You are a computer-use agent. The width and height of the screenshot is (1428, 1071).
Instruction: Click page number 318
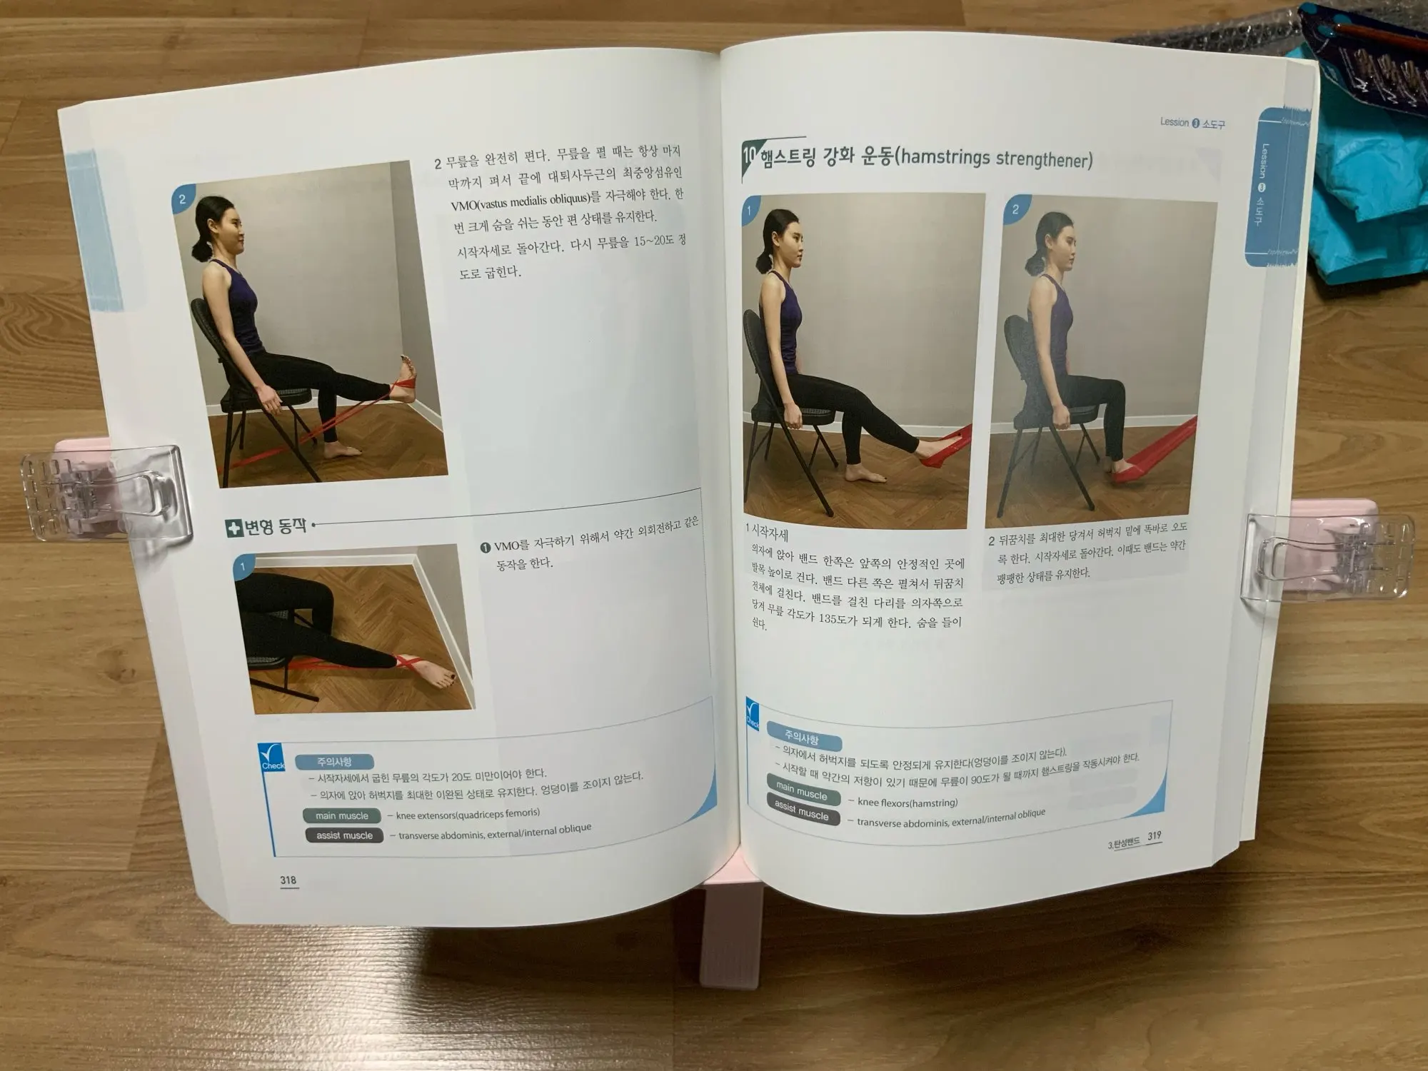(288, 880)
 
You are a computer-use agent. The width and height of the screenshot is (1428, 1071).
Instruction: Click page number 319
(1154, 836)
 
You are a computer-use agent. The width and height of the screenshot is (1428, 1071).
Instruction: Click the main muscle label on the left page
(342, 815)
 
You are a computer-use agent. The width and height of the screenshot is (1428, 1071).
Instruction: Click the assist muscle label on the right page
(801, 810)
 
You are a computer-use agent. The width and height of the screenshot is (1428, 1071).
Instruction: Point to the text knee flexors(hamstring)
(907, 803)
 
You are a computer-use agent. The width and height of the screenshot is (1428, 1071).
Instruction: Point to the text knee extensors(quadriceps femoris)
(468, 814)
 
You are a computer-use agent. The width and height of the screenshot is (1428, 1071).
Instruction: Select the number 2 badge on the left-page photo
(183, 200)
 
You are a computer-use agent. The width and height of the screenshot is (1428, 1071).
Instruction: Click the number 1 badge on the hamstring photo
(750, 210)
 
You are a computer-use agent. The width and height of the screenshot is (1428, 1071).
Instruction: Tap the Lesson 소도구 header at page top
(1192, 123)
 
